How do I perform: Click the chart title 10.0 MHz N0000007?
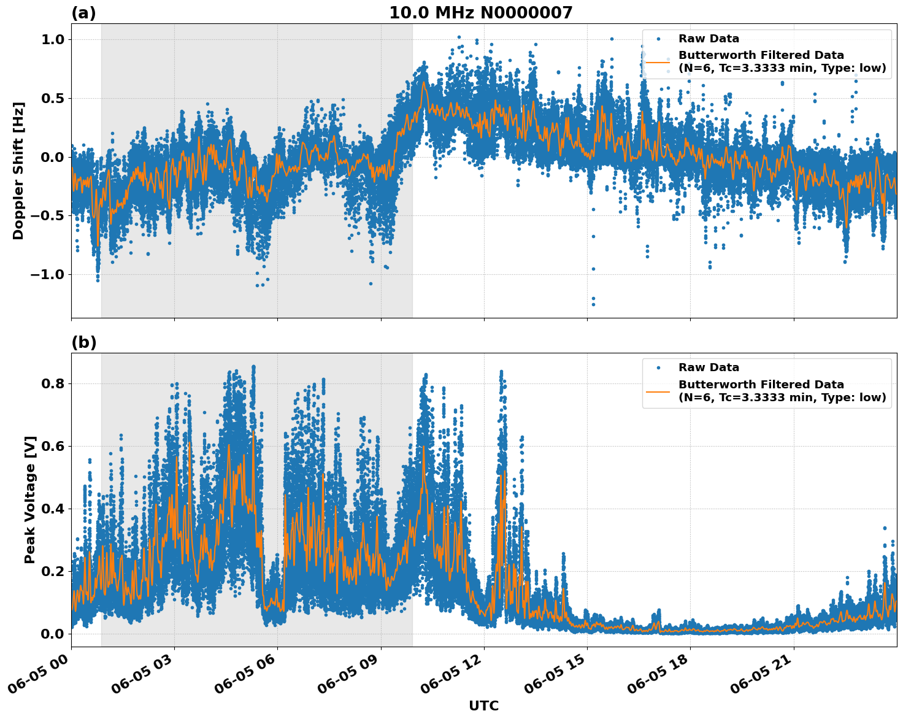[480, 13]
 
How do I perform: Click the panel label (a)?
[83, 13]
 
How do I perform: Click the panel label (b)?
[83, 342]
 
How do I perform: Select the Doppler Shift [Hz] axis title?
[18, 171]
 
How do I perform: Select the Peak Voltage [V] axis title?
[30, 499]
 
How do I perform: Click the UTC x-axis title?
[483, 706]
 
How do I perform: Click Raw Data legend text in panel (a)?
[709, 39]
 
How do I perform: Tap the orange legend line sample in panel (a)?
[658, 61]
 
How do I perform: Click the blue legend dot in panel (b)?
[658, 367]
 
